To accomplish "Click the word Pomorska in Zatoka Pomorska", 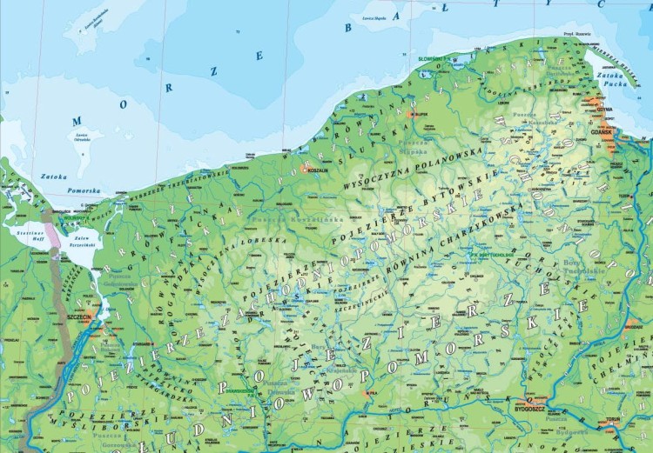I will click(83, 190).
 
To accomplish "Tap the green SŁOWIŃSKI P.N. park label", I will click(433, 58).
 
